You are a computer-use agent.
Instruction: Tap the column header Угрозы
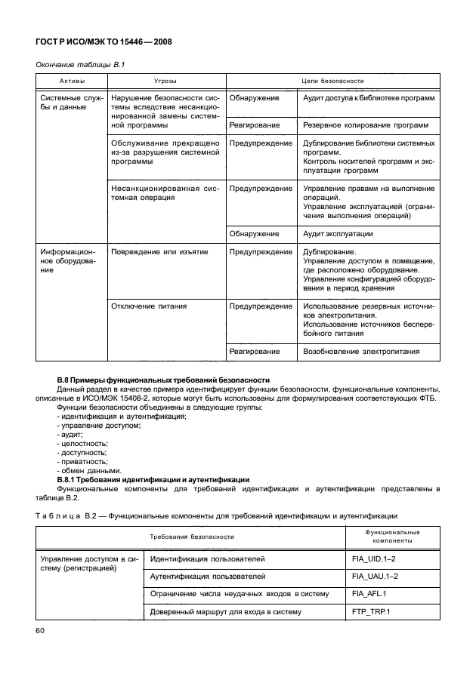click(x=166, y=80)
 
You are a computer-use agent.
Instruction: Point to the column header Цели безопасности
click(x=333, y=80)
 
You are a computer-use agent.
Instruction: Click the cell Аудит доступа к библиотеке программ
click(x=368, y=98)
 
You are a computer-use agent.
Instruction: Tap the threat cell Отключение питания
click(x=149, y=306)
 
